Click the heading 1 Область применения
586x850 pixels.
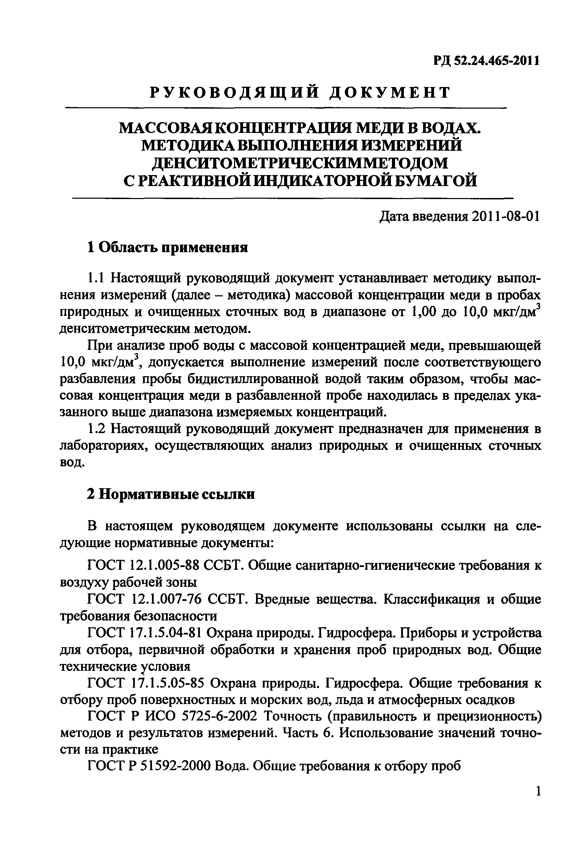[167, 248]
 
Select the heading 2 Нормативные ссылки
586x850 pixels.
[171, 495]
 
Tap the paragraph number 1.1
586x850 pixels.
[97, 278]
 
